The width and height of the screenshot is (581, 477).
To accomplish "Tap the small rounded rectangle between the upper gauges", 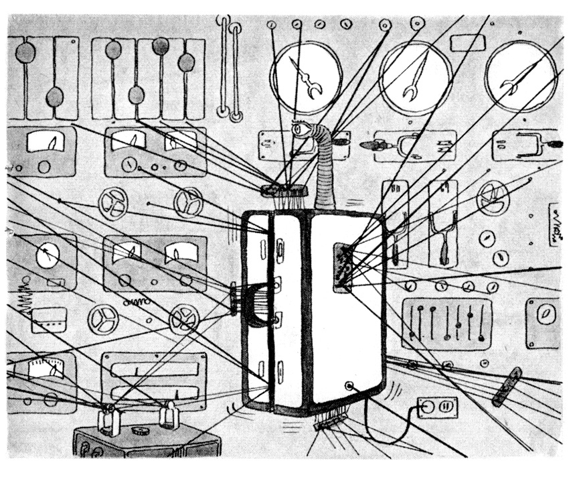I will [463, 43].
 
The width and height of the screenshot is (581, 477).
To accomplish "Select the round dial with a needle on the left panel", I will [47, 255].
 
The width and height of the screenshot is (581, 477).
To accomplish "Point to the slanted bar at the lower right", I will [507, 387].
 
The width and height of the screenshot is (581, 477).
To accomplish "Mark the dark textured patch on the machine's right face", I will [343, 267].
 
